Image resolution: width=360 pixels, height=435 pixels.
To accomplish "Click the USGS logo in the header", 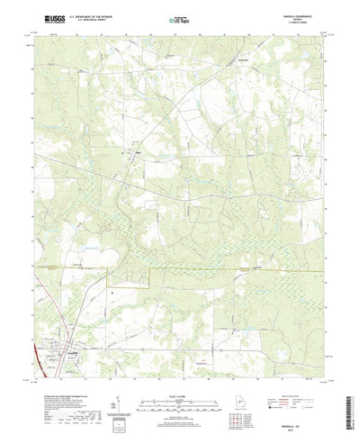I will pos(46,19).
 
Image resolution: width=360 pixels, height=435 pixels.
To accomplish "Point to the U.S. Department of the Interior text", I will pos(89,16).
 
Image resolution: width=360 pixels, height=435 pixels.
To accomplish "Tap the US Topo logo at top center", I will pos(179,19).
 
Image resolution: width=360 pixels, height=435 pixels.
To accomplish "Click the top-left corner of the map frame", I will pos(33,35).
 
